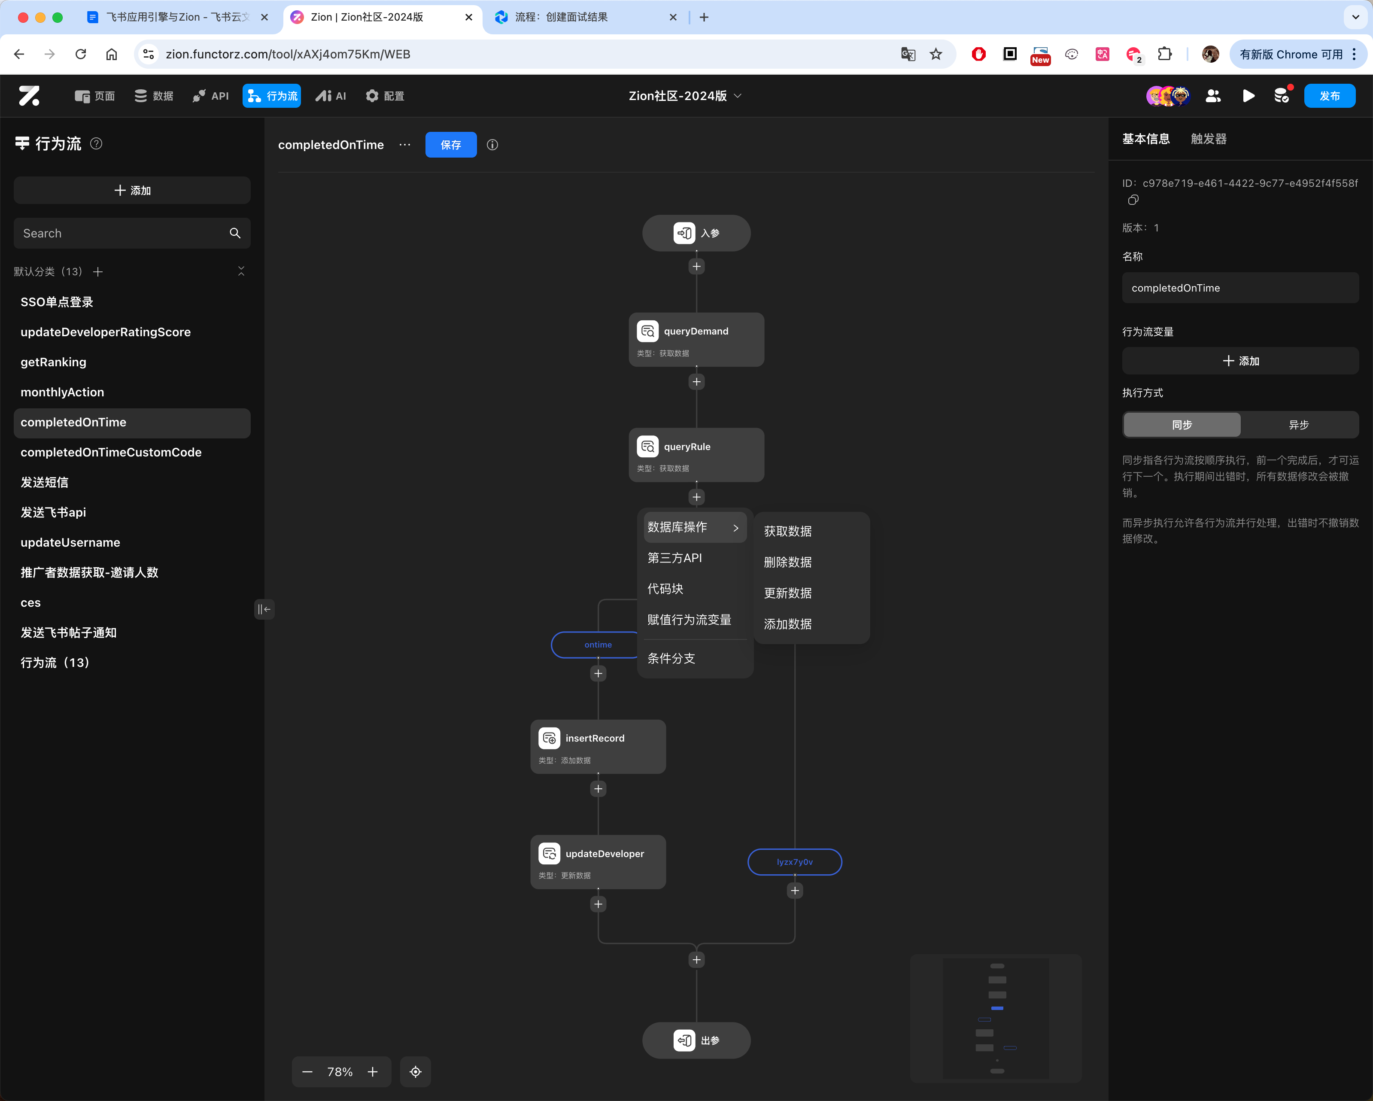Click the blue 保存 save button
click(x=451, y=145)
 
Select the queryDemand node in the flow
click(x=696, y=339)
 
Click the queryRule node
click(x=696, y=455)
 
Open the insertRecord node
click(x=598, y=746)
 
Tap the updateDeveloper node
click(x=598, y=861)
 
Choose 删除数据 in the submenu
click(x=788, y=562)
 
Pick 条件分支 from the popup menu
click(x=671, y=658)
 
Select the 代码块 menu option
click(x=665, y=588)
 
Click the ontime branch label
click(x=598, y=645)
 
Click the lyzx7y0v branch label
click(x=795, y=861)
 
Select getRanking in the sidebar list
click(x=54, y=362)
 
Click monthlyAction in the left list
click(x=62, y=392)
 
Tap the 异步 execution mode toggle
click(x=1298, y=425)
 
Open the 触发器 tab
click(x=1208, y=139)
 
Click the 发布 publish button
click(x=1329, y=95)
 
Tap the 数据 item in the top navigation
click(x=154, y=95)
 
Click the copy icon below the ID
click(x=1133, y=200)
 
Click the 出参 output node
click(x=696, y=1040)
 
